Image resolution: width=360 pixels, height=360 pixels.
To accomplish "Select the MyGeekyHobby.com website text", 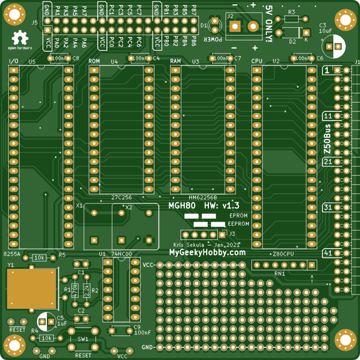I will pos(207,253).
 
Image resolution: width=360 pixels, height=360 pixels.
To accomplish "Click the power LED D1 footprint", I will pos(215,25).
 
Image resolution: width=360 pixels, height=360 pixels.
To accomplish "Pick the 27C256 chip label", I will pos(121,197).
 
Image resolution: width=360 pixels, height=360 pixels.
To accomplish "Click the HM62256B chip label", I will pos(202,197).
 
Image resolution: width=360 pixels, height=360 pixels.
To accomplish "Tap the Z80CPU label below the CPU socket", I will pos(283,254).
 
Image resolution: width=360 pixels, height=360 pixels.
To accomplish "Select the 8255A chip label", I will pos(12,254).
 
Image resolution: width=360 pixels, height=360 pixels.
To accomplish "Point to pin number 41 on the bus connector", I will pos(328,253).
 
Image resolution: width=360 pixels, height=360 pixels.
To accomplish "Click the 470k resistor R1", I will pos(75,290).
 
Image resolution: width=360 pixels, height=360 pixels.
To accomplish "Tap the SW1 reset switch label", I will pos(83,339).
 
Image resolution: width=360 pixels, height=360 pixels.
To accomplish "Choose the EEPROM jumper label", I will pos(238,224).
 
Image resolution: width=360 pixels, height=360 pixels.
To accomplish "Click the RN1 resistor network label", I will pos(280,273).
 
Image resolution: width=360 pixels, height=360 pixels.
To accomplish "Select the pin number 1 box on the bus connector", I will pos(327,70).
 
